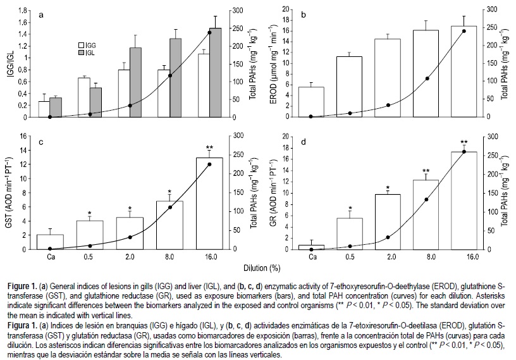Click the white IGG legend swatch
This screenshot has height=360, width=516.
81,46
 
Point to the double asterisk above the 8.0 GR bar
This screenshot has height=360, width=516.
426,171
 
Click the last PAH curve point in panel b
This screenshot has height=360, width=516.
464,31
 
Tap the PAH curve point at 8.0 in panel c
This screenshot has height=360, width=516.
170,208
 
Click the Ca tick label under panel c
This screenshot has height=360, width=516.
49,256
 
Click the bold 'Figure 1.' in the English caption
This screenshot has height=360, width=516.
18,282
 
